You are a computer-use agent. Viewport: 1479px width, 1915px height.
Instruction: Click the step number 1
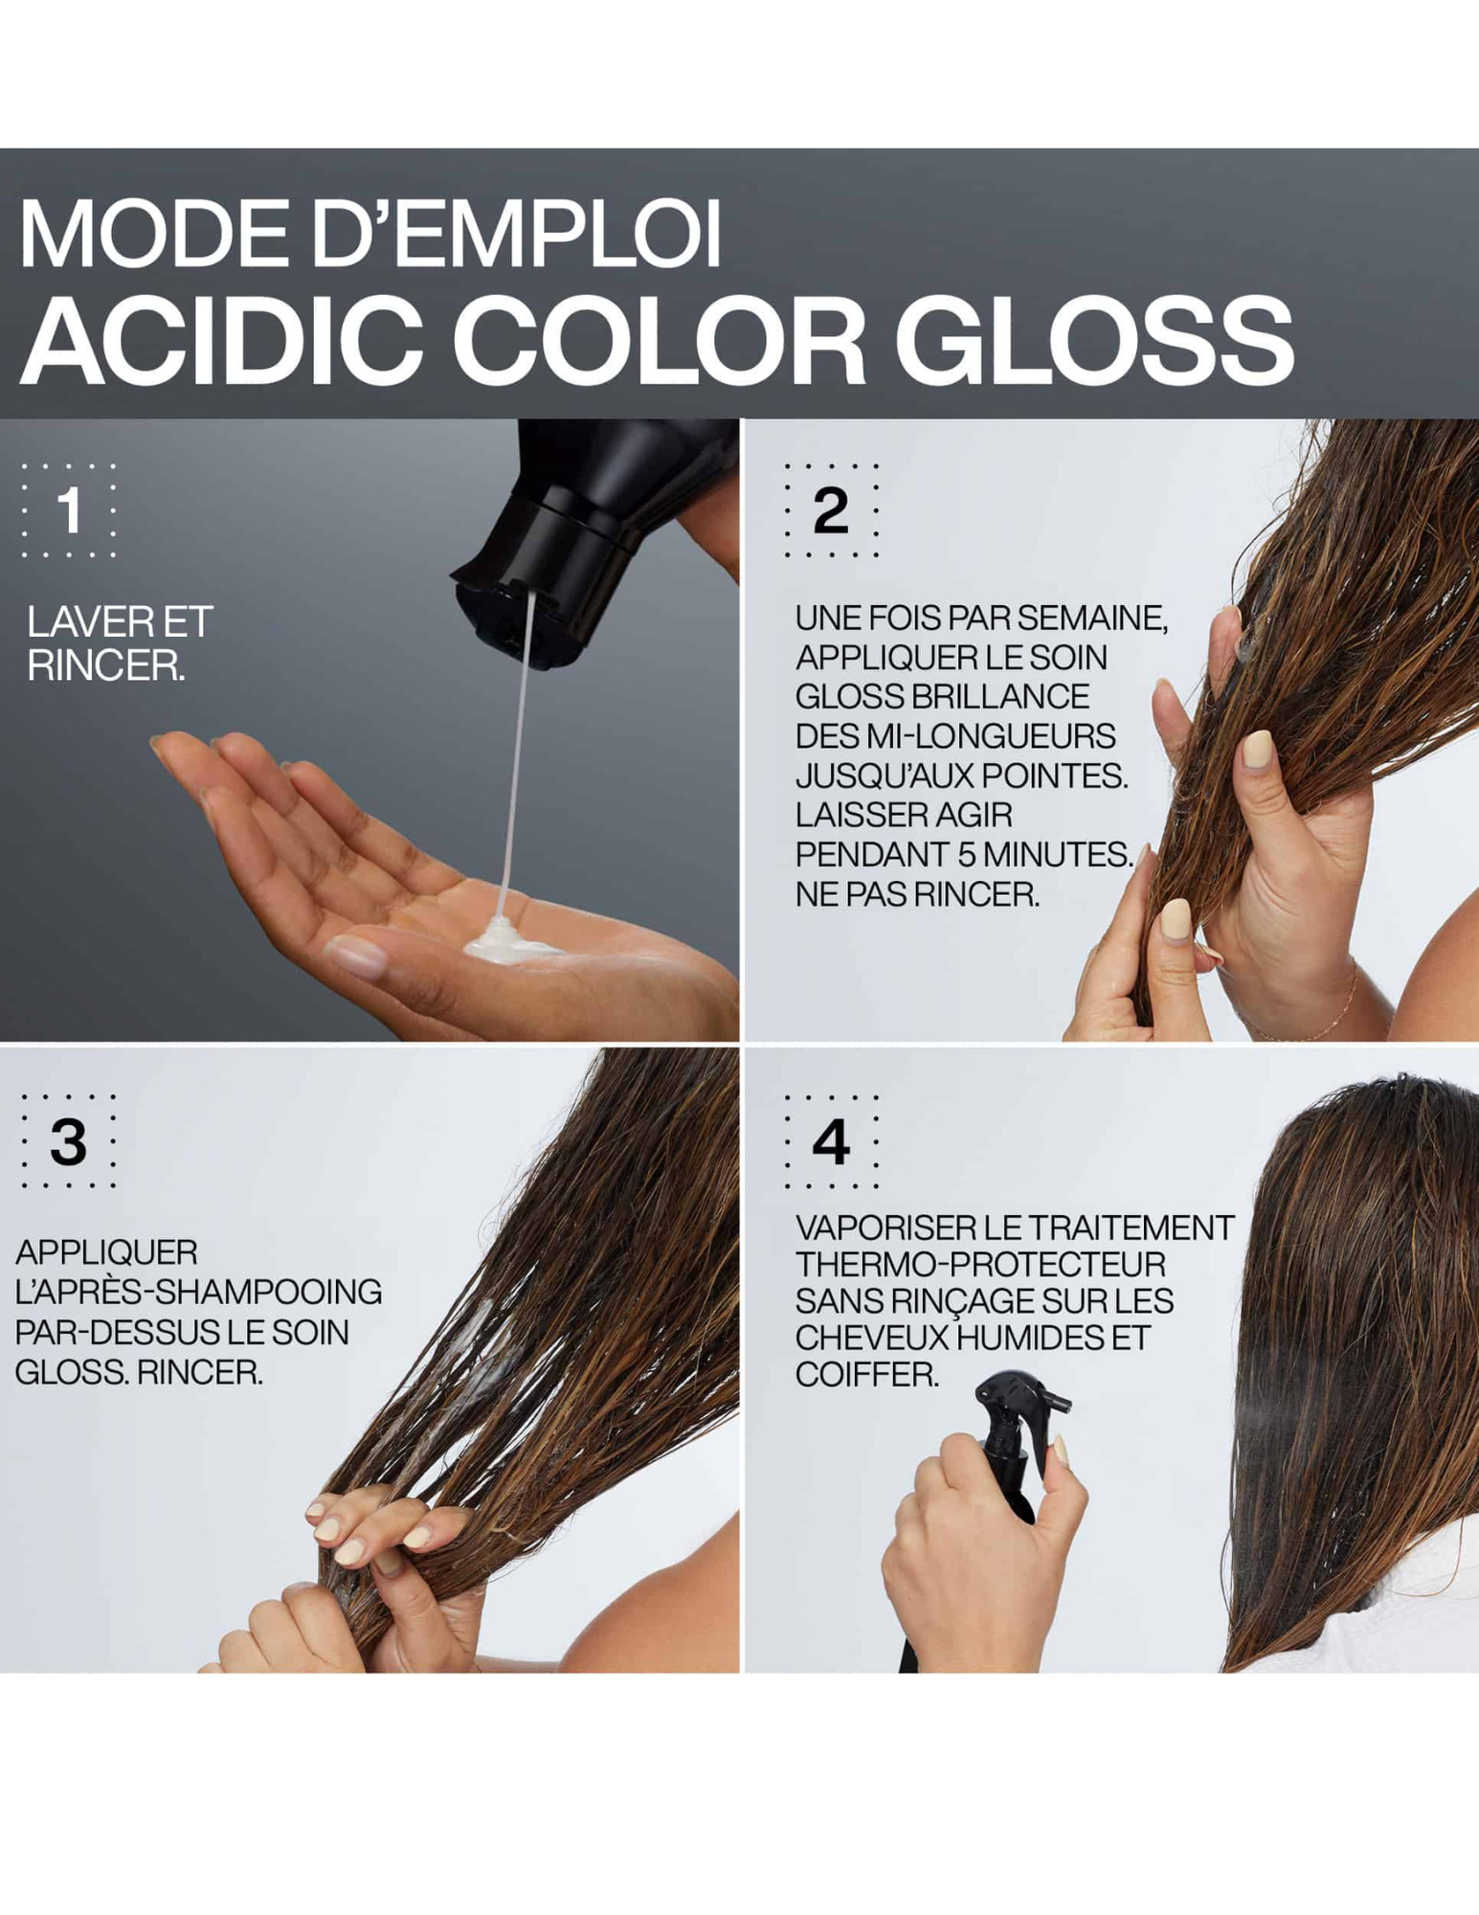pyautogui.click(x=69, y=509)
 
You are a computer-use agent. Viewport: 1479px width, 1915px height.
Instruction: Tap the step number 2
pyautogui.click(x=830, y=509)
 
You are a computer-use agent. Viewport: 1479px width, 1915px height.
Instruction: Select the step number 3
pyautogui.click(x=68, y=1140)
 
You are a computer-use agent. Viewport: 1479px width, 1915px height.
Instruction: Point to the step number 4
pyautogui.click(x=830, y=1140)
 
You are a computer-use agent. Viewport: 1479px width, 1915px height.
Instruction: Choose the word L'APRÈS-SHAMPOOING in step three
pyautogui.click(x=198, y=1292)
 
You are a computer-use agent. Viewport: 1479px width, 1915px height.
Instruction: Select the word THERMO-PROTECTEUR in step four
pyautogui.click(x=980, y=1264)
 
